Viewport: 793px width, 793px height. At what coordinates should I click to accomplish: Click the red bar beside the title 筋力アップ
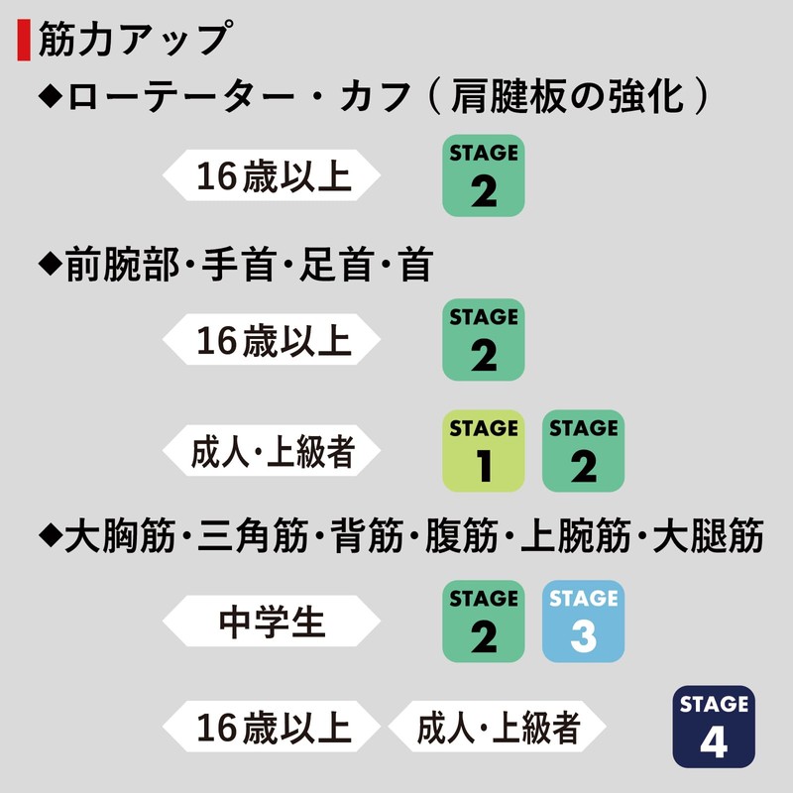click(23, 40)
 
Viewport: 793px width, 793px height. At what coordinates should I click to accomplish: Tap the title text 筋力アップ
click(136, 39)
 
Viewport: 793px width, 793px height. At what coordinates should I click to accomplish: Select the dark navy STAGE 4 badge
click(714, 727)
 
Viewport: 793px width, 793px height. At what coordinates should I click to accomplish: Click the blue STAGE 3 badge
click(583, 622)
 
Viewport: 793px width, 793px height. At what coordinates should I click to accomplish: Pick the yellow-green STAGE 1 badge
click(484, 451)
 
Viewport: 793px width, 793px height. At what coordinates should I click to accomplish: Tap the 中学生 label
click(272, 622)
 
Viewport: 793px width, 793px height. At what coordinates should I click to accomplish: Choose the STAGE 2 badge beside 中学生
click(484, 622)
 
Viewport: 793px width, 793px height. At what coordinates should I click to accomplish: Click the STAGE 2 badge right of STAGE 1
click(583, 451)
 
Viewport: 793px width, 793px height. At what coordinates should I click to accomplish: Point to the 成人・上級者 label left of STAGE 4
click(498, 727)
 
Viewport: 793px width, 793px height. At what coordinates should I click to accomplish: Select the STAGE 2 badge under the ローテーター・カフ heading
click(484, 175)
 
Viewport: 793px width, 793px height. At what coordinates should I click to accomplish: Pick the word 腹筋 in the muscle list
click(462, 535)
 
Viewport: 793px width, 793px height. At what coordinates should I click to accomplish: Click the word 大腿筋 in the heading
click(708, 535)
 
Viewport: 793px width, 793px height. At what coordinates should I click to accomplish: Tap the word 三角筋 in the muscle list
click(253, 535)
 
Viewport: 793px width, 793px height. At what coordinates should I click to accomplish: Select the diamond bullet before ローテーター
click(51, 96)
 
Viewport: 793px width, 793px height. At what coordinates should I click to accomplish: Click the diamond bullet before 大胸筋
click(51, 535)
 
